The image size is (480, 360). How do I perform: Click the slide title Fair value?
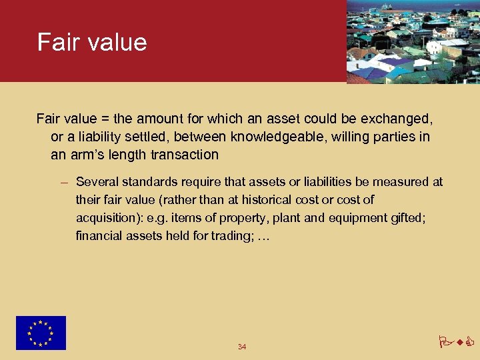[x=92, y=42]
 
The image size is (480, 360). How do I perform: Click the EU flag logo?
[x=41, y=333]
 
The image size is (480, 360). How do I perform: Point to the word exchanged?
[x=397, y=119]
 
